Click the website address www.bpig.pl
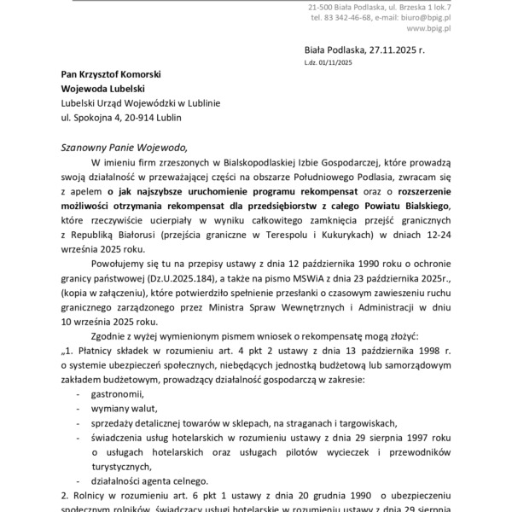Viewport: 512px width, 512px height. (429, 28)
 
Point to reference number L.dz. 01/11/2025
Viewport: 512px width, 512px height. (328, 62)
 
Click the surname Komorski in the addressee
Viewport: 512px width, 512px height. (160, 75)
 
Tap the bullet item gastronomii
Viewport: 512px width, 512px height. (117, 394)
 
